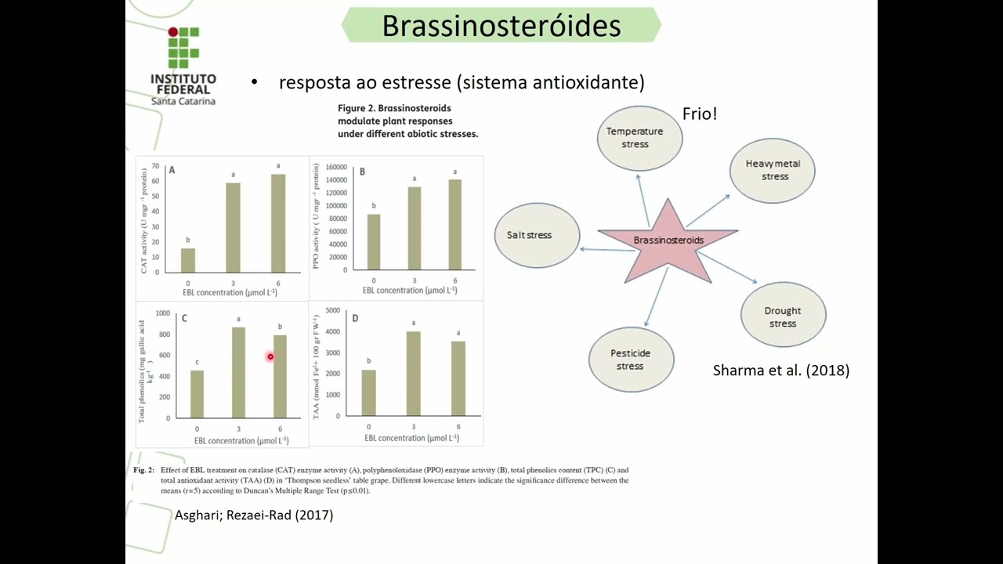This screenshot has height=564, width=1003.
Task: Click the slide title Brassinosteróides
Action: coord(501,26)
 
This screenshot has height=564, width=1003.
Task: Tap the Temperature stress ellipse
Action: coord(639,138)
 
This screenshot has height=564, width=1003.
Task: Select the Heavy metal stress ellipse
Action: coord(772,170)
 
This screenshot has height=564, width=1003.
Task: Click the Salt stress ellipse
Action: coord(537,235)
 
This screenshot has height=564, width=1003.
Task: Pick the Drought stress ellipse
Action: coord(782,315)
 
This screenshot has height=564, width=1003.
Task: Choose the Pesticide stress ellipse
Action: coord(631,360)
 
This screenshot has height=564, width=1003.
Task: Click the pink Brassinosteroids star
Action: coord(668,240)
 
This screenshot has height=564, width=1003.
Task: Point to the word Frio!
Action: coord(700,114)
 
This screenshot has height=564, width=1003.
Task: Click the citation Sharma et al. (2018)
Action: coord(780,371)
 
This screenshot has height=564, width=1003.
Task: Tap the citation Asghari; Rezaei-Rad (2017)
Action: coord(254,515)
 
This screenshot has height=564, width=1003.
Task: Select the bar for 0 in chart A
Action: coord(188,260)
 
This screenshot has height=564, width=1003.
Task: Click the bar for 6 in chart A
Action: coord(278,223)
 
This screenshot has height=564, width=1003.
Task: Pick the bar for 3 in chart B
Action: coord(415,228)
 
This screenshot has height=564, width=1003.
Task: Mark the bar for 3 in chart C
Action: coord(238,372)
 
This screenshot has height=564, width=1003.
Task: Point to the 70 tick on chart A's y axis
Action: coord(155,166)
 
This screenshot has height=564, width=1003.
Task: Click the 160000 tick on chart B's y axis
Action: coord(335,167)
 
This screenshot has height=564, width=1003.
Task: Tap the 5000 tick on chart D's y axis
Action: coord(332,311)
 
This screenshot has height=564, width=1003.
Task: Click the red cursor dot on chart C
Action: coord(270,357)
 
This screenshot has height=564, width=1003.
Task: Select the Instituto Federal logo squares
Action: coord(183,48)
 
